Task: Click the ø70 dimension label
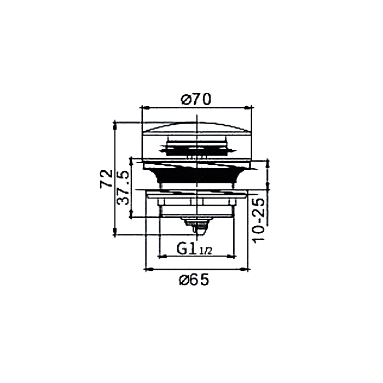(x=196, y=100)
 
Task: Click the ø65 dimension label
(x=194, y=280)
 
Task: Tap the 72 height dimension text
(x=107, y=178)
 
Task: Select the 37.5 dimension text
(x=123, y=188)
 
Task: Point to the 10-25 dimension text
(x=259, y=220)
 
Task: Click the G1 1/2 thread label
(x=194, y=249)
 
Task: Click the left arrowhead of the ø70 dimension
(x=146, y=107)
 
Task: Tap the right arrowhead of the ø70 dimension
(x=248, y=107)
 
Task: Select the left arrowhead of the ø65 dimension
(x=149, y=269)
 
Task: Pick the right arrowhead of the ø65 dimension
(x=244, y=269)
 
